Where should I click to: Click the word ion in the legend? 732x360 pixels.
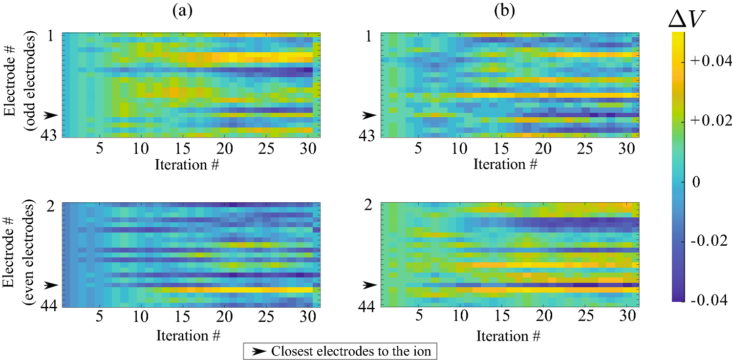click(423, 351)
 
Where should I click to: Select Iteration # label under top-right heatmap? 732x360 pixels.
click(505, 165)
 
